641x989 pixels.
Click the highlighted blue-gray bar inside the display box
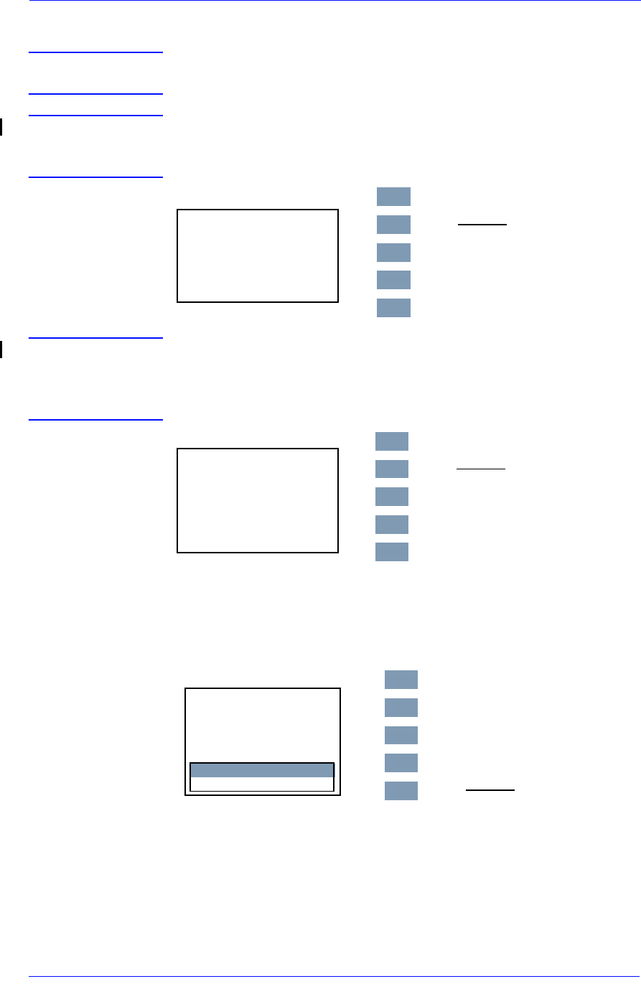[262, 770]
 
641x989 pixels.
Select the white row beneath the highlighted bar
[262, 784]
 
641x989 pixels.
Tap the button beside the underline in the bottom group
[401, 791]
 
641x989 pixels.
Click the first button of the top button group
[393, 197]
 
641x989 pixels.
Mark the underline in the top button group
[482, 225]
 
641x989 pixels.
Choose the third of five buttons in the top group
[393, 253]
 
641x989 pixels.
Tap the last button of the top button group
[393, 308]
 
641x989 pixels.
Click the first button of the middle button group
[392, 441]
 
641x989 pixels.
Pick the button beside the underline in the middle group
[392, 469]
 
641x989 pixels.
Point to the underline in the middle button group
[481, 469]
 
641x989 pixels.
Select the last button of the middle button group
[392, 552]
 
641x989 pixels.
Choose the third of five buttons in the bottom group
[401, 736]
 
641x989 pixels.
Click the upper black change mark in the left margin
[1, 128]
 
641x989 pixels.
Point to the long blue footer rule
[334, 976]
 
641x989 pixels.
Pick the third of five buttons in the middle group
[392, 497]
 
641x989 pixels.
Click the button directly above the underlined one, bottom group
[401, 763]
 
